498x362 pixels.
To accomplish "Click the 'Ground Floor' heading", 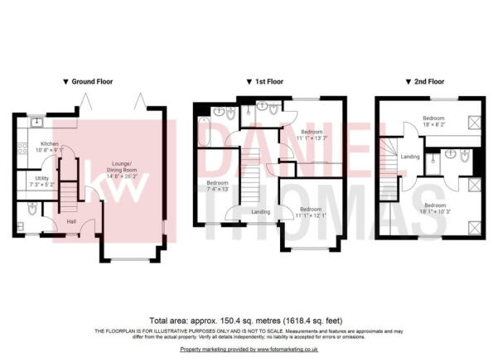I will (x=92, y=82).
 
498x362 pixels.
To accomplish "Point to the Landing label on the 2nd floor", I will (x=409, y=156).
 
